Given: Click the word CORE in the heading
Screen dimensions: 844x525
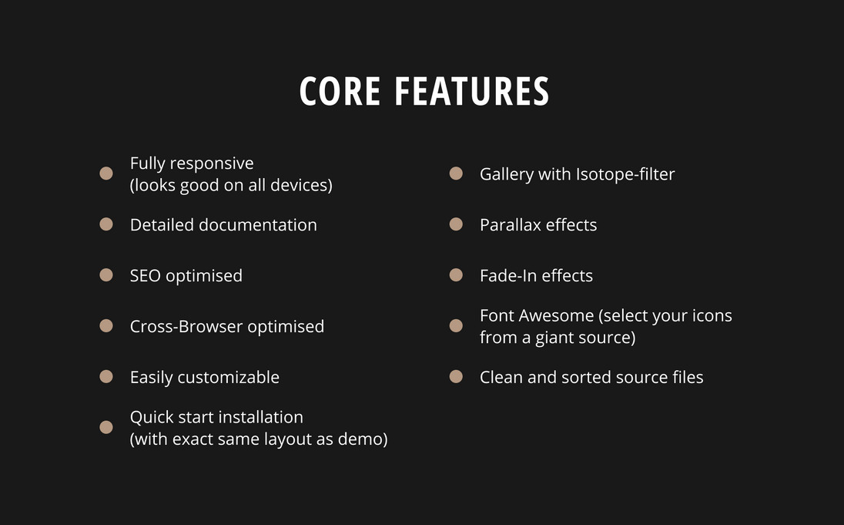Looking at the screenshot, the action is pyautogui.click(x=340, y=91).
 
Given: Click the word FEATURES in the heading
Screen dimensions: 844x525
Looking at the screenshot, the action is pyautogui.click(x=472, y=91).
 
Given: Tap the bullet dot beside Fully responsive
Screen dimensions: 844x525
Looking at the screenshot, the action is pyautogui.click(x=106, y=173).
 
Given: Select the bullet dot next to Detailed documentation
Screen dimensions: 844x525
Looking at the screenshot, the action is pyautogui.click(x=106, y=224).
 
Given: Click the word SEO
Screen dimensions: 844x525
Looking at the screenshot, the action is pyautogui.click(x=146, y=275).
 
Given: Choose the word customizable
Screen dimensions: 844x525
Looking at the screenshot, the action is pyautogui.click(x=228, y=377).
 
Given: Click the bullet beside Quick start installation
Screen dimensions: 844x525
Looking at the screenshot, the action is pyautogui.click(x=106, y=427).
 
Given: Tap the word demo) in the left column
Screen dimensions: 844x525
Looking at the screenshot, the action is pyautogui.click(x=363, y=439).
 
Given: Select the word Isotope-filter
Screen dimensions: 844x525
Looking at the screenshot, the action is pyautogui.click(x=625, y=174).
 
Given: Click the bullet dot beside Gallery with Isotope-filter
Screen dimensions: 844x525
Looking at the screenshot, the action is pyautogui.click(x=456, y=173).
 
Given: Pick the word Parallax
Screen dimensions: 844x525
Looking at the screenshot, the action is pyautogui.click(x=511, y=225).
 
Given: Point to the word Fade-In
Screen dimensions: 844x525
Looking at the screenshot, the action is pyautogui.click(x=508, y=275).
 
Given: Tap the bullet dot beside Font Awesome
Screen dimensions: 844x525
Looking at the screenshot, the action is pyautogui.click(x=456, y=325).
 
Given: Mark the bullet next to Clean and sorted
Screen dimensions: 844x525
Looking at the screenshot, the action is pyautogui.click(x=456, y=376).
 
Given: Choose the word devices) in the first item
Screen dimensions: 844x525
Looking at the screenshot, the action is pyautogui.click(x=301, y=185).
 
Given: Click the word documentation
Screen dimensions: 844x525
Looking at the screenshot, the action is pyautogui.click(x=258, y=225).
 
